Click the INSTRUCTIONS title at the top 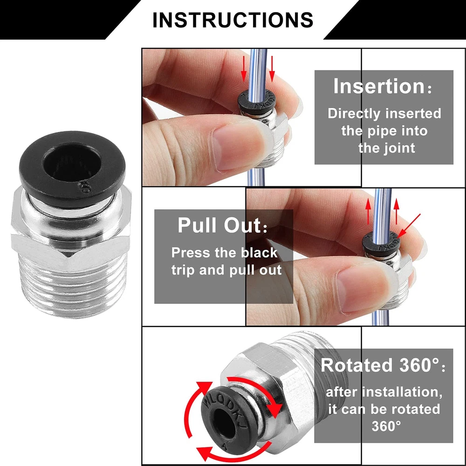233,20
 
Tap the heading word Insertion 379,86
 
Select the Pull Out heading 219,225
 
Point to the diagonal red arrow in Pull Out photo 409,225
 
